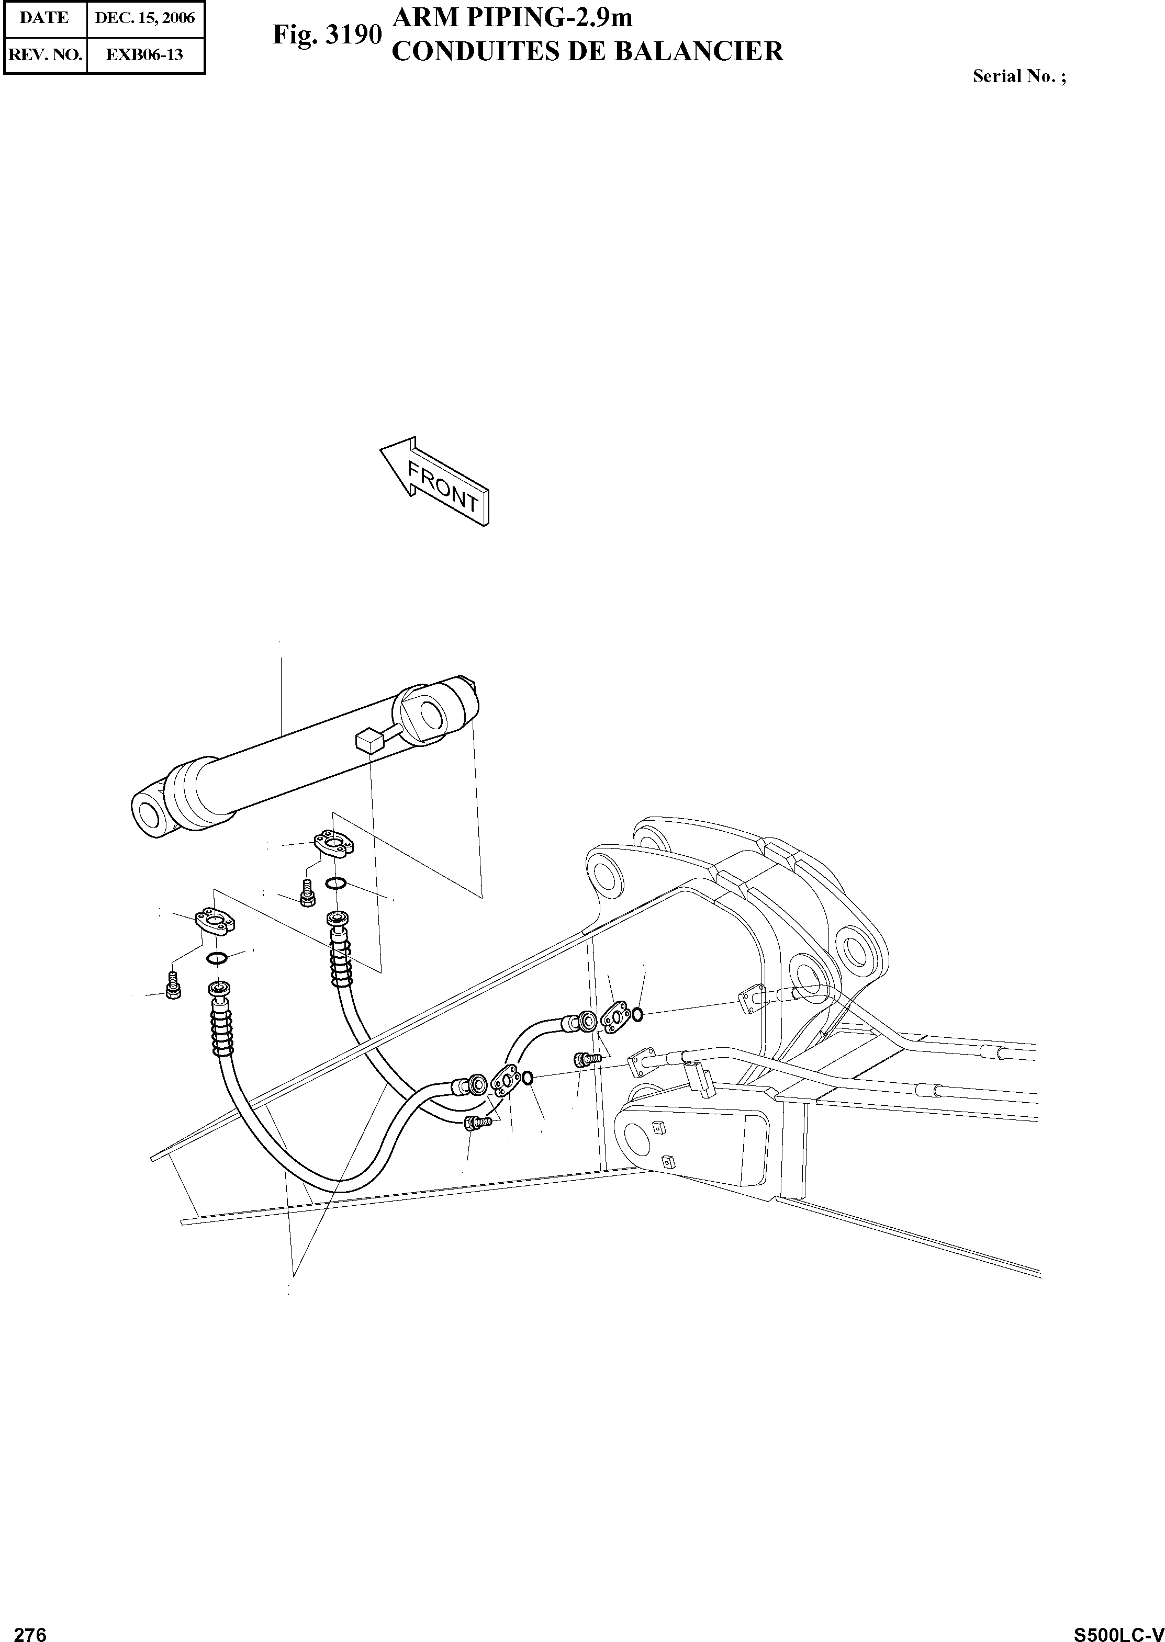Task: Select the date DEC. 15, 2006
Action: pos(145,18)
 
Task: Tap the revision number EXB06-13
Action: pos(145,54)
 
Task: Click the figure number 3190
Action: pos(353,35)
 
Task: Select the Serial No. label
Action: pos(1018,76)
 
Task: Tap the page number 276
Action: pos(30,1629)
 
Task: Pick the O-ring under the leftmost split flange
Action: pos(217,959)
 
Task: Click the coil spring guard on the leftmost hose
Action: pos(222,1031)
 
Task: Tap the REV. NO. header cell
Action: pos(44,54)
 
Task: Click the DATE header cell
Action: pos(44,18)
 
